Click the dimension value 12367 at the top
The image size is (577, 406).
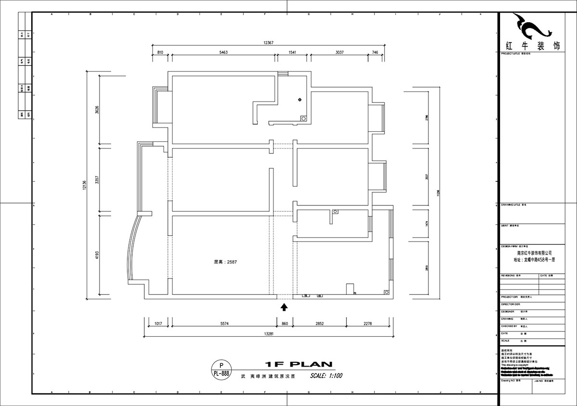[x=268, y=43]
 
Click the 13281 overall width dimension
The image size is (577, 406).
[x=268, y=333]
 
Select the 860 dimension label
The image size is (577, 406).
[x=285, y=324]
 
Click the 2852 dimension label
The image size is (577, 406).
[x=319, y=324]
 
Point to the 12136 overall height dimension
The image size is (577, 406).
[x=85, y=185]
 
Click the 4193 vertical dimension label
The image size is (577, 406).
[x=98, y=255]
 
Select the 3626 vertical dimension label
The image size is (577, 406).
[x=98, y=110]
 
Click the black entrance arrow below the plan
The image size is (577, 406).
[x=284, y=305]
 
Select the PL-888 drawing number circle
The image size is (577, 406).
[x=221, y=369]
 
